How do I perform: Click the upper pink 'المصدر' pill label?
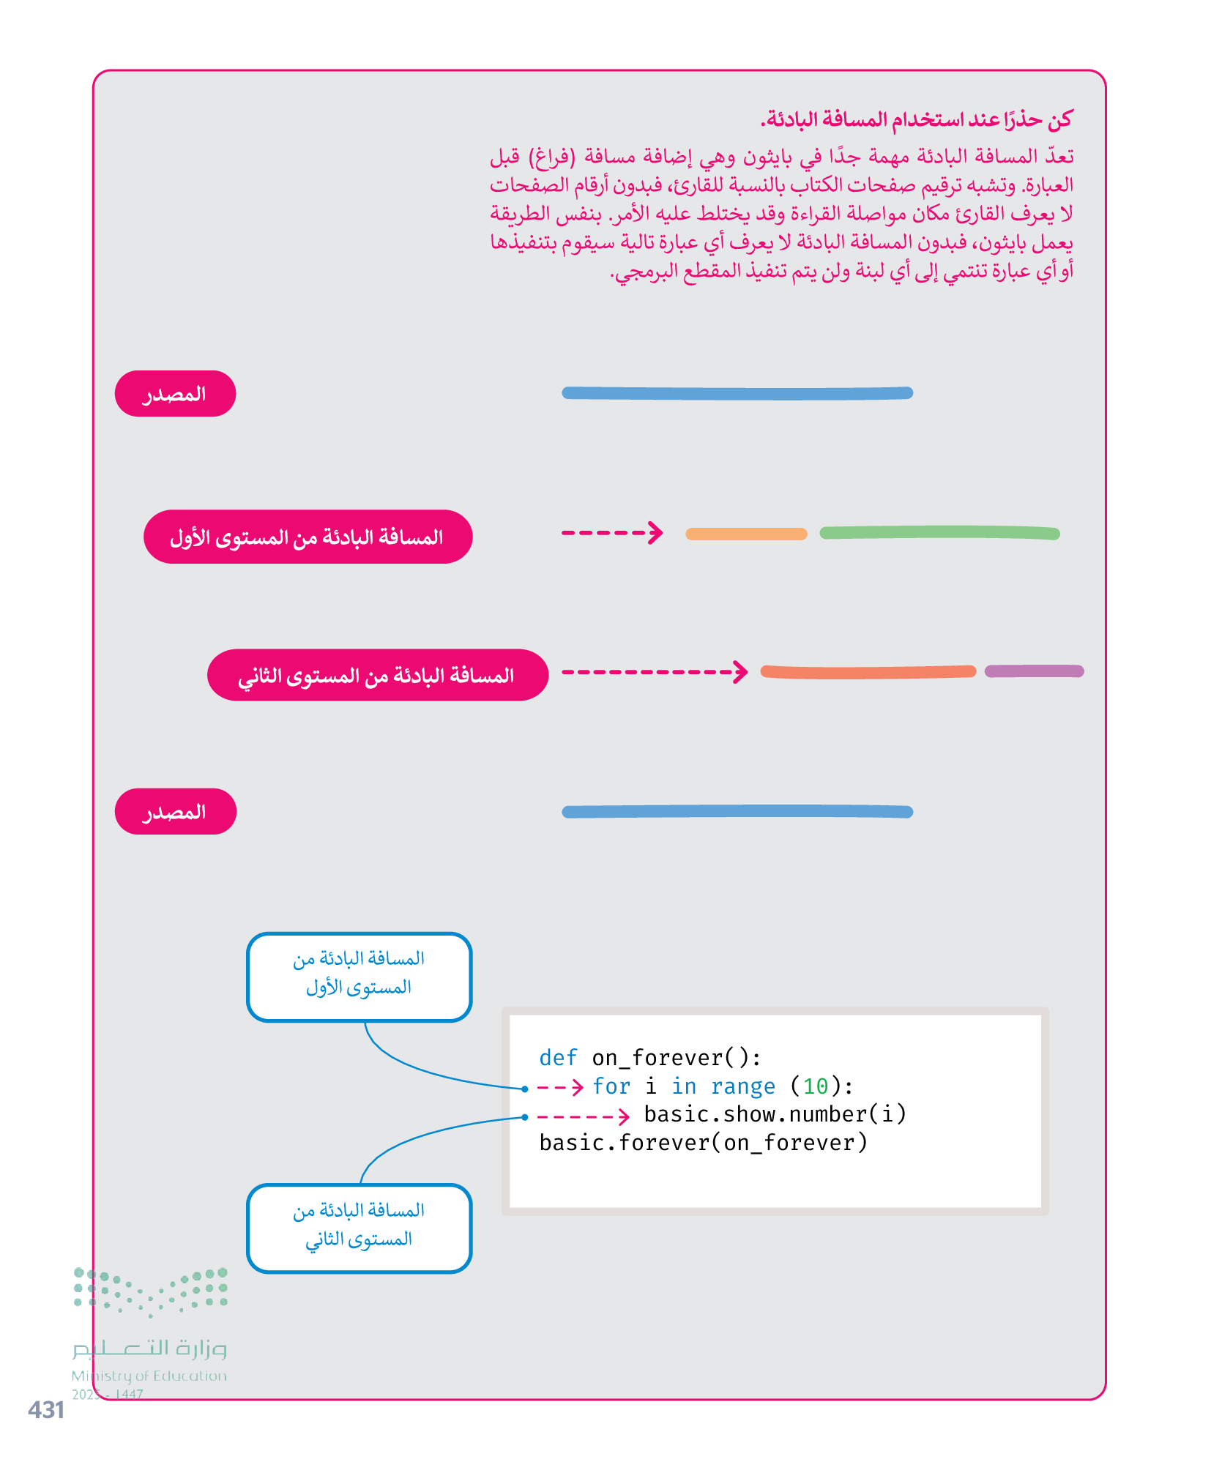175,394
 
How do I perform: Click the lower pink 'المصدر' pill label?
175,811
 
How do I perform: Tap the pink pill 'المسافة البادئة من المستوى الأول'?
308,537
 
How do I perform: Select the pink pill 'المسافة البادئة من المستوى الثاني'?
377,675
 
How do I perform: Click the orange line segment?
745,534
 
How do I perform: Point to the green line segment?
939,532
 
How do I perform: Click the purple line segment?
1033,671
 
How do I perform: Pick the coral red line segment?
868,672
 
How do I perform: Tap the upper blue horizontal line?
737,393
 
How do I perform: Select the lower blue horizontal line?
737,811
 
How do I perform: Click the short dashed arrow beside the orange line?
611,532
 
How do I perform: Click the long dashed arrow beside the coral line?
654,671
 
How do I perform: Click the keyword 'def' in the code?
558,1058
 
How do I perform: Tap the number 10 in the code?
815,1086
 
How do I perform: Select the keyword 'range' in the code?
742,1086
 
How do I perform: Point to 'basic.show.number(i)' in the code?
775,1114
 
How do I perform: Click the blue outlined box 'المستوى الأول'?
359,977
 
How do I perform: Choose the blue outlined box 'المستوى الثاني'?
359,1228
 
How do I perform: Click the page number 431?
45,1409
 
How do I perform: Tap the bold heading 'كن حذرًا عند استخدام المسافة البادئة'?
915,119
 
